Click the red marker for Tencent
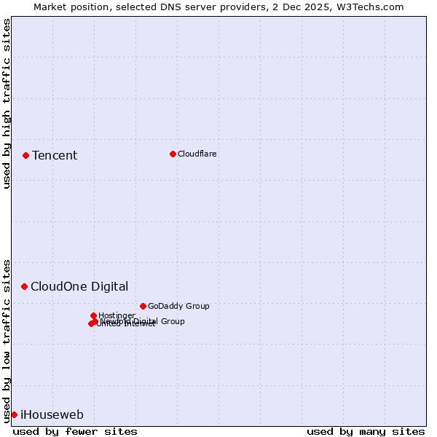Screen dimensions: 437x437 (25, 155)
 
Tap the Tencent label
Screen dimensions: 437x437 (55, 156)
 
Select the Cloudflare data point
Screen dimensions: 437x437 (173, 154)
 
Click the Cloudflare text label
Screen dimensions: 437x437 (197, 154)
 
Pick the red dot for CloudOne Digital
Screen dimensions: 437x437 (24, 286)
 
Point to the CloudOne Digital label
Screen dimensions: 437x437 (79, 287)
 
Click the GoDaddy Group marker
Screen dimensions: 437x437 (143, 306)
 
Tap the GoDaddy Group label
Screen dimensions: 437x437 (178, 306)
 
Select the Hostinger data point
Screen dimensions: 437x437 (93, 315)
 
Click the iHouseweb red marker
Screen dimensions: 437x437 (14, 414)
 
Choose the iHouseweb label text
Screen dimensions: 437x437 (52, 415)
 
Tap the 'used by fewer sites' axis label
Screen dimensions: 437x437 (75, 431)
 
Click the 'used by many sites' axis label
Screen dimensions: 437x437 (366, 431)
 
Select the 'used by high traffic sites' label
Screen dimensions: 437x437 (7, 103)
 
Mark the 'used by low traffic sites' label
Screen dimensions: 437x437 (7, 340)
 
